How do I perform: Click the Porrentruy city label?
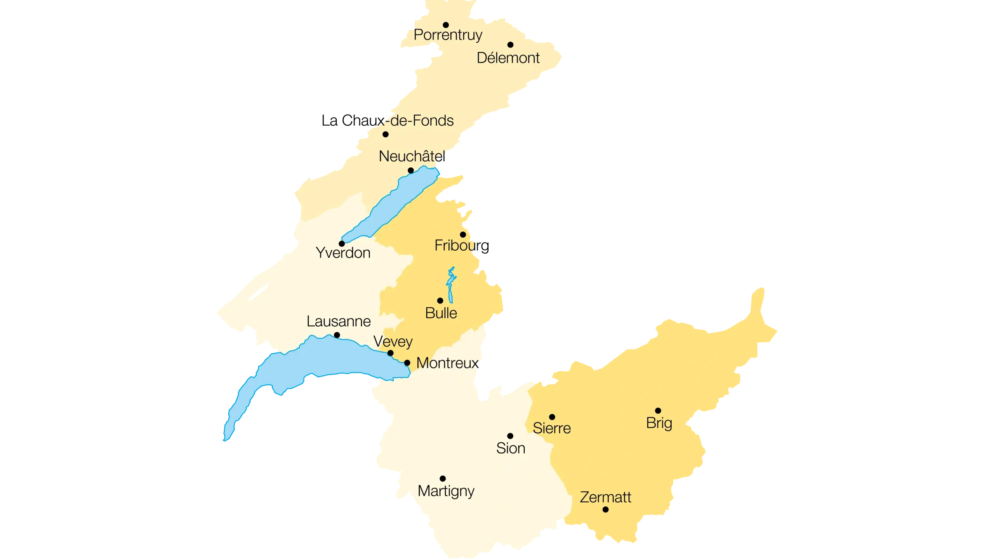(448, 35)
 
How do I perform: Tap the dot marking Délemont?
(510, 45)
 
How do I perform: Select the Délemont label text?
(508, 58)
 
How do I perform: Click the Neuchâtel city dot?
(411, 170)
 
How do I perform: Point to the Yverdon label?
(343, 253)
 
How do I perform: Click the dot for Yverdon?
(342, 244)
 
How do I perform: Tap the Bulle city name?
(441, 313)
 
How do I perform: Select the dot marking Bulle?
(440, 301)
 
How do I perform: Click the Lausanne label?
(339, 321)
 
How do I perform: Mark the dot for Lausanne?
(337, 335)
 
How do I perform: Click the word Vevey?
(393, 341)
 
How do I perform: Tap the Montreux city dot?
(407, 363)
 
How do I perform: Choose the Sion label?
(511, 448)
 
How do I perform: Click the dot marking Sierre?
(552, 417)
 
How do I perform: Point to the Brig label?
(659, 423)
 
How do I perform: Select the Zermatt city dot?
(605, 509)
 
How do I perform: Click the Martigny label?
(446, 491)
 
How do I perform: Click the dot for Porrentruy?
(446, 25)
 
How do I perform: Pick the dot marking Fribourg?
(463, 235)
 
